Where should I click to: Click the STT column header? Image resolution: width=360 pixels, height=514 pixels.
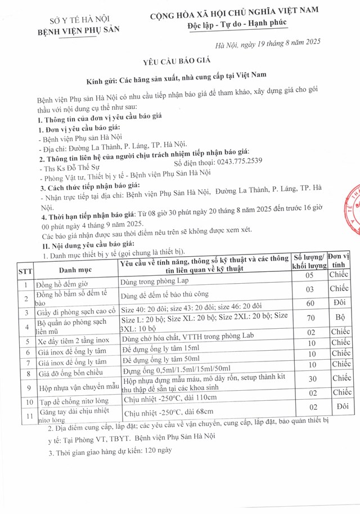tap(25, 270)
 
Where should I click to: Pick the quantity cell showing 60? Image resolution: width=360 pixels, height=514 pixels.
tap(309, 303)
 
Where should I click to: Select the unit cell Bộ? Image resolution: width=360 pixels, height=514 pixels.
tap(339, 318)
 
